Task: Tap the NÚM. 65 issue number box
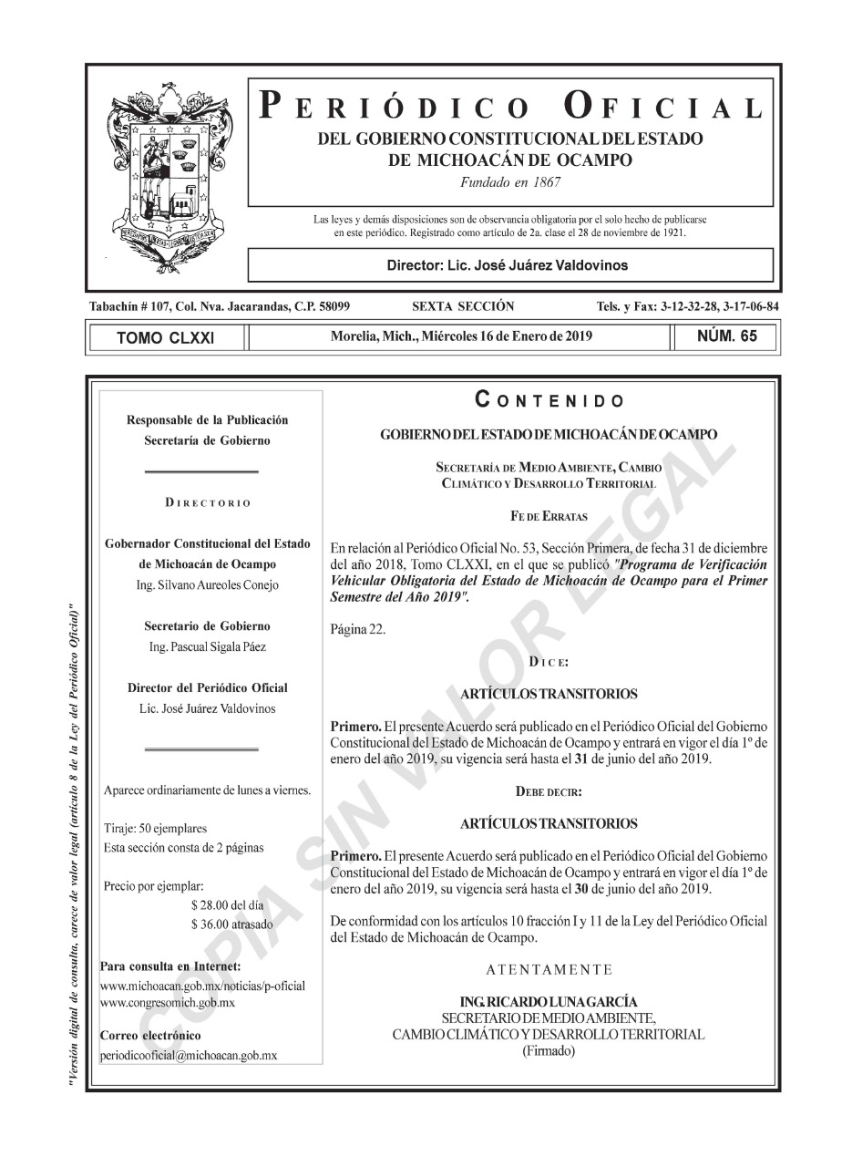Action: click(x=726, y=336)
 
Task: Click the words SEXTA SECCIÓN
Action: click(x=463, y=306)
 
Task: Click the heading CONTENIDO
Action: click(x=549, y=399)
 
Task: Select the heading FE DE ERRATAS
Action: click(x=549, y=516)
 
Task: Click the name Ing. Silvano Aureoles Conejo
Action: click(x=207, y=584)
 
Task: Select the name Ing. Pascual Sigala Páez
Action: click(x=207, y=646)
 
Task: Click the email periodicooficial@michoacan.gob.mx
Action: click(x=189, y=1055)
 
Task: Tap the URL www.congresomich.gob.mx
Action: click(x=168, y=1002)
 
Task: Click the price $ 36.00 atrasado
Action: click(x=232, y=924)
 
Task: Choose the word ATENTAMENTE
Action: click(x=549, y=968)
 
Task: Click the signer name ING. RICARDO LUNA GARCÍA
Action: click(x=549, y=1002)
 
